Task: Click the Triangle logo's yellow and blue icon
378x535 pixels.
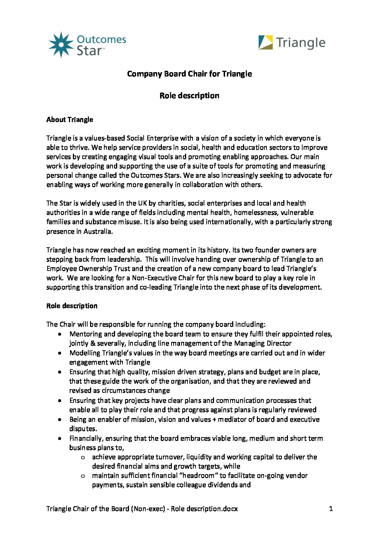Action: click(x=265, y=43)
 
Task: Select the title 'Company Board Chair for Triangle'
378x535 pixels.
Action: click(x=189, y=74)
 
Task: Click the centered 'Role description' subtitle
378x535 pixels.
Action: click(x=189, y=96)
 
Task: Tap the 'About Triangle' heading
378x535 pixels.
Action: click(x=70, y=120)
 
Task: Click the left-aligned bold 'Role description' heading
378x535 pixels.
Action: click(x=72, y=306)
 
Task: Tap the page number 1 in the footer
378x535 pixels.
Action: click(x=331, y=509)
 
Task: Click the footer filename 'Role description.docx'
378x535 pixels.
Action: click(x=204, y=509)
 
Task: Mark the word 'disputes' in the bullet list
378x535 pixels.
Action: click(x=83, y=429)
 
